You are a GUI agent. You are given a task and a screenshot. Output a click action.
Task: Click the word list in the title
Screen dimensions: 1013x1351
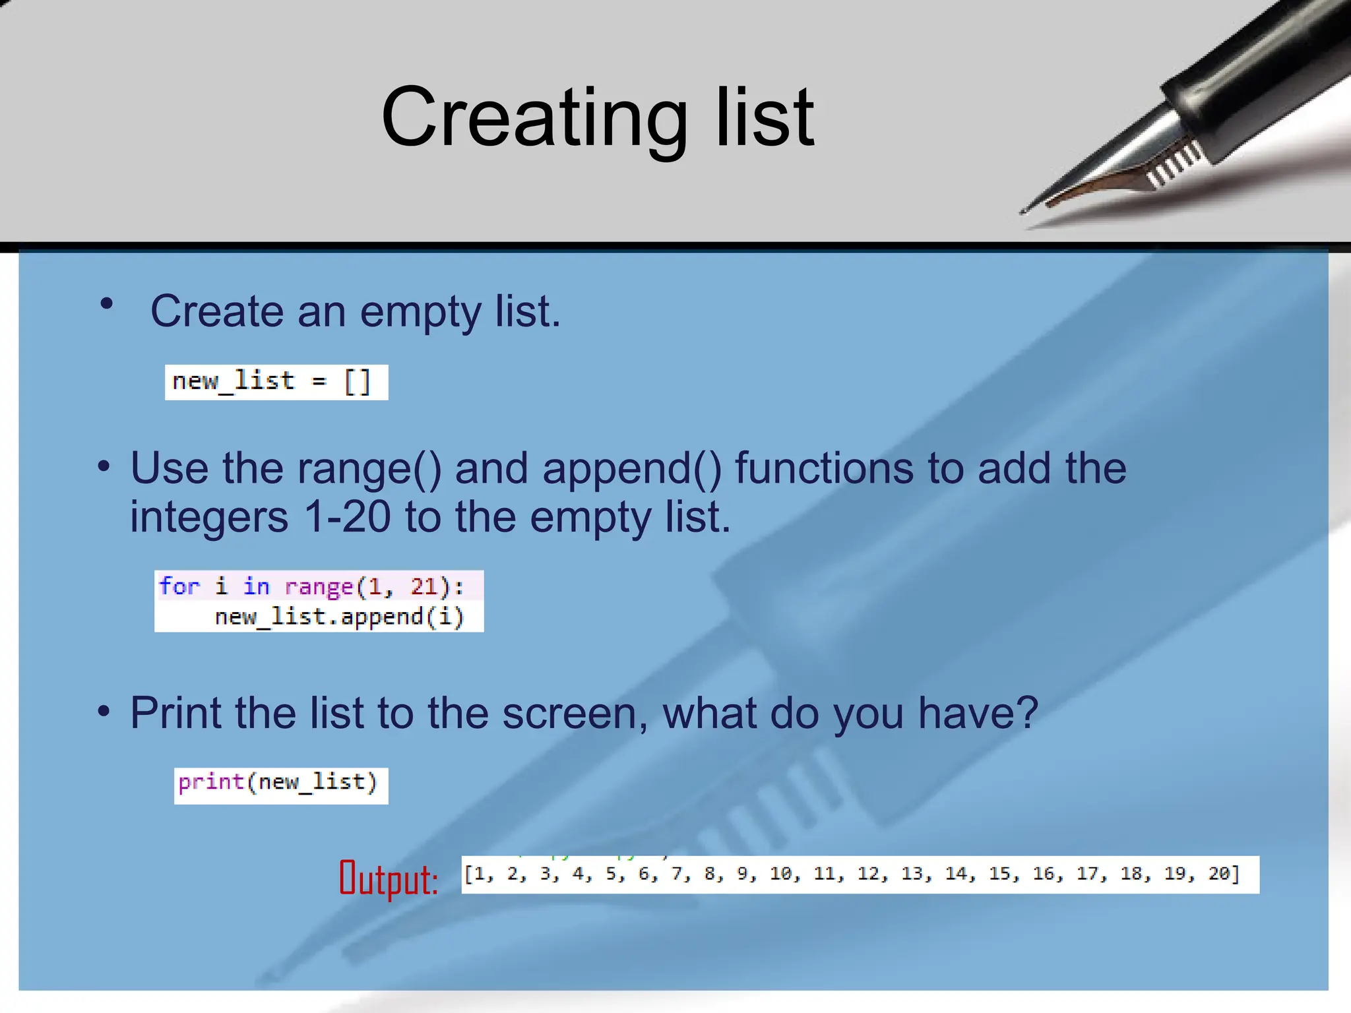[765, 119]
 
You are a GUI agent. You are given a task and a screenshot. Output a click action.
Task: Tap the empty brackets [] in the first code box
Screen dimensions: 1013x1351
[358, 382]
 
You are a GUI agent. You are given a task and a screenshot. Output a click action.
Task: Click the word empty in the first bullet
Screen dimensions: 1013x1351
[420, 311]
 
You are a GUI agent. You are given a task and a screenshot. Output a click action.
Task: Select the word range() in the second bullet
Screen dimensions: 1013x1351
[369, 469]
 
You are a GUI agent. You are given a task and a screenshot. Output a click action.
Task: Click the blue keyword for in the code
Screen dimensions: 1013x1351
[179, 586]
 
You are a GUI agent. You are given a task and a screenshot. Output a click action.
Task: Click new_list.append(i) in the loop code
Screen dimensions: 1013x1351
[339, 617]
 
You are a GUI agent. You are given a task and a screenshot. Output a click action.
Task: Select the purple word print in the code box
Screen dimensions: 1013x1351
[211, 782]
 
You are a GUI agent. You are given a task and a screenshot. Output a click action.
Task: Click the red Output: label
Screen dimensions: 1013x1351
[389, 879]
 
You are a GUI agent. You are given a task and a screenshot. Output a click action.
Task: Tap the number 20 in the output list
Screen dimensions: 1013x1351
[1218, 874]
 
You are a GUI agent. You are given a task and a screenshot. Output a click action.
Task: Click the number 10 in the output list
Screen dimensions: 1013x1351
[780, 874]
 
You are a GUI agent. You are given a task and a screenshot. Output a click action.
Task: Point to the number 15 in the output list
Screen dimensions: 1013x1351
[999, 874]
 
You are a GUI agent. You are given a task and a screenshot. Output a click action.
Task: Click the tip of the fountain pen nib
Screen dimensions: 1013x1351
[1023, 212]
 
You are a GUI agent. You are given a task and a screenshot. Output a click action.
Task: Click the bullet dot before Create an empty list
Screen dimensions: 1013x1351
[106, 304]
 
